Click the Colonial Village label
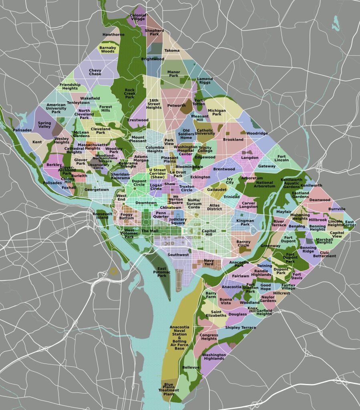138,17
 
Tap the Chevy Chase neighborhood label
95,72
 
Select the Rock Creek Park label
130,93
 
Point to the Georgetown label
97,189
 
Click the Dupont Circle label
139,183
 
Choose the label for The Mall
150,231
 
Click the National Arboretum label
264,185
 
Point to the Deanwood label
320,199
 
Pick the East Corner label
350,223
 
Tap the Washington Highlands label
214,356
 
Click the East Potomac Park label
162,272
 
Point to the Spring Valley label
44,125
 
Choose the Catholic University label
205,132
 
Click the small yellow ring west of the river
114,271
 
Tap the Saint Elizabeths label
216,314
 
